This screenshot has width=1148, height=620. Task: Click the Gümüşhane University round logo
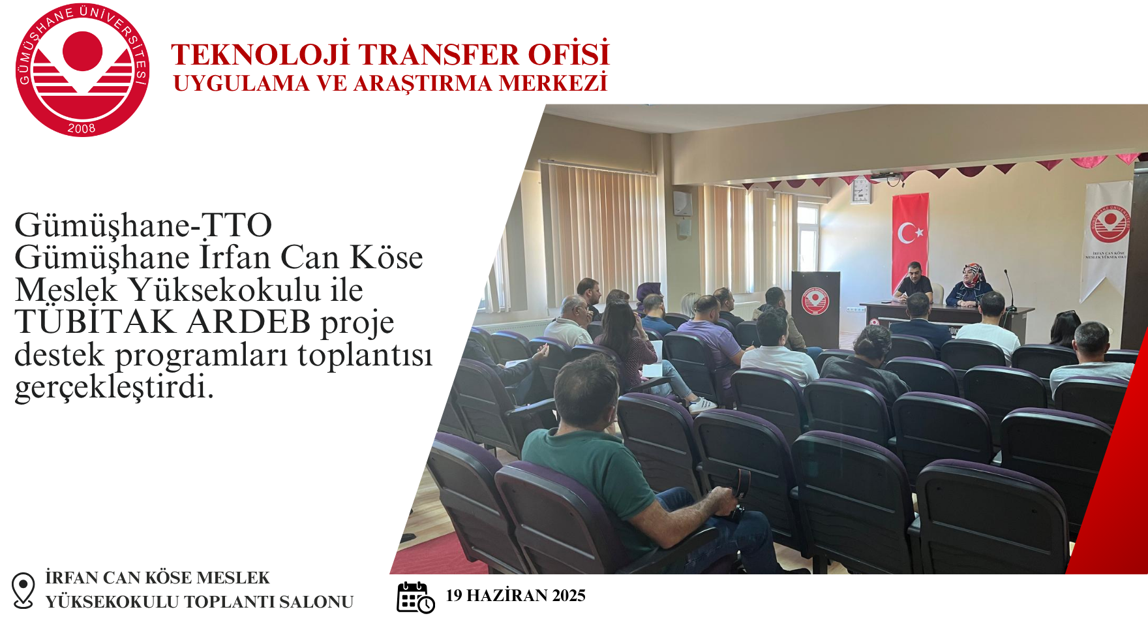pyautogui.click(x=82, y=70)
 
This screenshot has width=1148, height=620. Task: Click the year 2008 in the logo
pyautogui.click(x=82, y=129)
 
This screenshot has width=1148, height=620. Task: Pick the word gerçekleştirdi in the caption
pyautogui.click(x=114, y=387)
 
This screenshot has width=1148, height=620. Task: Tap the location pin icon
pyautogui.click(x=23, y=590)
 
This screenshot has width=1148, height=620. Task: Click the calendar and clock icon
pyautogui.click(x=415, y=597)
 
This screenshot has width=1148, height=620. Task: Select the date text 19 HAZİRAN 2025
pyautogui.click(x=515, y=595)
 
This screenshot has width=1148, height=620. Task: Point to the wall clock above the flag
pyautogui.click(x=860, y=190)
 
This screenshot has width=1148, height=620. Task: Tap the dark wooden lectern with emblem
pyautogui.click(x=815, y=309)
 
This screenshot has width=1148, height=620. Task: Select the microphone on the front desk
pyautogui.click(x=1010, y=290)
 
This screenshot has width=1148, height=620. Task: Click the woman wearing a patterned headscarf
pyautogui.click(x=970, y=285)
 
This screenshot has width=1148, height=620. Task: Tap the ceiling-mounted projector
pyautogui.click(x=887, y=176)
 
